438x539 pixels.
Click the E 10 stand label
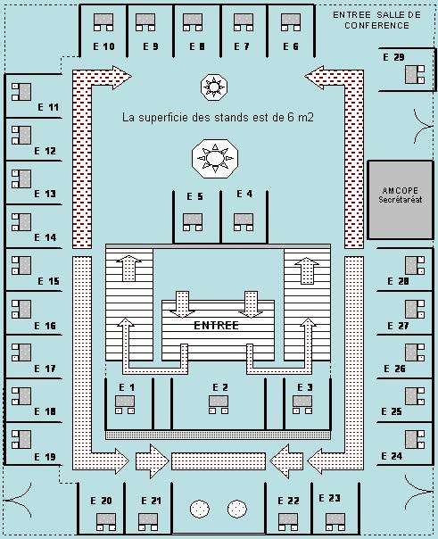(103, 46)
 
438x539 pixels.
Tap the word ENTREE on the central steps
(216, 325)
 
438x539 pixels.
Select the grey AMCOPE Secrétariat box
(401, 199)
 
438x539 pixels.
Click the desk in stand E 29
(415, 75)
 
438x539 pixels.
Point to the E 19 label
(45, 457)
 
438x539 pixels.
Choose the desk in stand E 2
(219, 404)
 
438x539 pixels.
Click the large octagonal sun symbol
(215, 159)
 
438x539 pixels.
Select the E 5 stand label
(194, 196)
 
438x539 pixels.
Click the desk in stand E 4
(244, 222)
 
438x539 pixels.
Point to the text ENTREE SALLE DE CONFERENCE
(376, 20)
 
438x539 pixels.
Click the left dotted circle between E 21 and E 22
(199, 509)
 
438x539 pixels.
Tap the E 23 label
(329, 498)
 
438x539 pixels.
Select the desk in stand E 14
(21, 222)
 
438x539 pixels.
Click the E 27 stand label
(398, 326)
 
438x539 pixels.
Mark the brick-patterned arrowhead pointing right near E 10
(121, 77)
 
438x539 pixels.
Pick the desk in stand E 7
(244, 22)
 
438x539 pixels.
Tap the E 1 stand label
(127, 387)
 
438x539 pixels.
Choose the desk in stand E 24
(415, 440)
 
